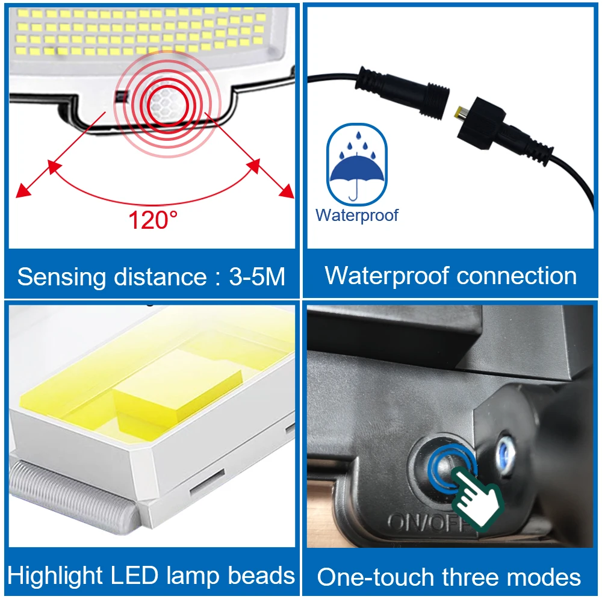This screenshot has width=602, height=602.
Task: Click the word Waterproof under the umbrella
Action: [x=357, y=215]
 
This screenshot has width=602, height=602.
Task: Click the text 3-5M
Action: [x=257, y=277]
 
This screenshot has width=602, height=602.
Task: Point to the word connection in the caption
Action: [x=517, y=276]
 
